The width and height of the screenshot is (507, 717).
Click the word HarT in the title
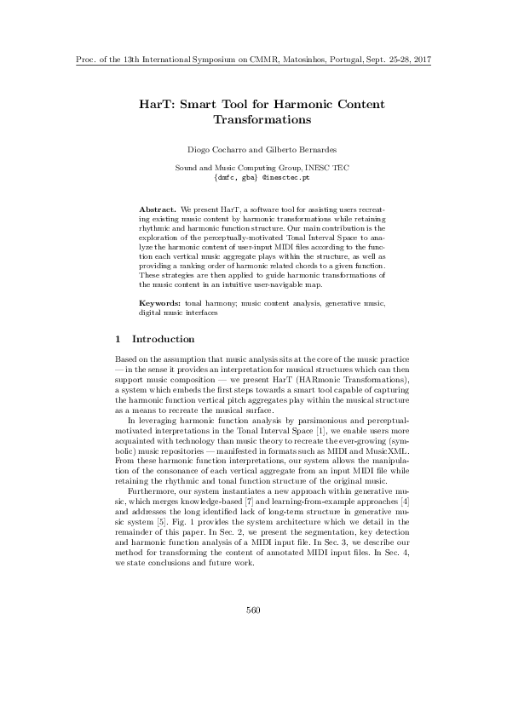pos(157,105)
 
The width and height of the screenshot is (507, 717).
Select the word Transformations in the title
pos(253,120)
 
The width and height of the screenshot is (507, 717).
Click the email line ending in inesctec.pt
pos(252,179)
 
